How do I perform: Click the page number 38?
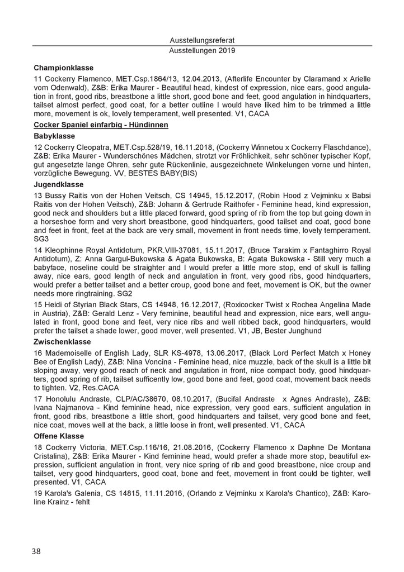36,551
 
